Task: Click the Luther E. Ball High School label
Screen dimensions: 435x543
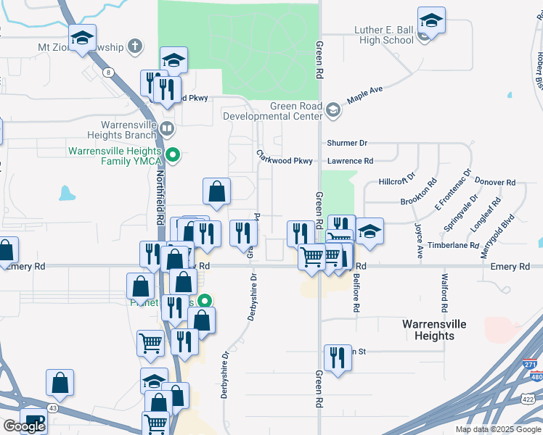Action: pyautogui.click(x=384, y=35)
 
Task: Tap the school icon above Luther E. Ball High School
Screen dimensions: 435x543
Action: pyautogui.click(x=431, y=21)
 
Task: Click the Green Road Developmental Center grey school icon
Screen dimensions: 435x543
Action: pyautogui.click(x=332, y=110)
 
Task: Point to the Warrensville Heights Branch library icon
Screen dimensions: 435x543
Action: pyautogui.click(x=167, y=130)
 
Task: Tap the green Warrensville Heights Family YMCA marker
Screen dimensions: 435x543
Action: pyautogui.click(x=173, y=154)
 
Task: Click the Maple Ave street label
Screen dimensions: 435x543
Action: pyautogui.click(x=364, y=94)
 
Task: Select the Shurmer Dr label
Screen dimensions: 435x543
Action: pyautogui.click(x=348, y=144)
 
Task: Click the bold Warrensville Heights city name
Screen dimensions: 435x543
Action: pyautogui.click(x=434, y=330)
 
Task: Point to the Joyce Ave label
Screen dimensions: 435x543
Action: pyautogui.click(x=419, y=241)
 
